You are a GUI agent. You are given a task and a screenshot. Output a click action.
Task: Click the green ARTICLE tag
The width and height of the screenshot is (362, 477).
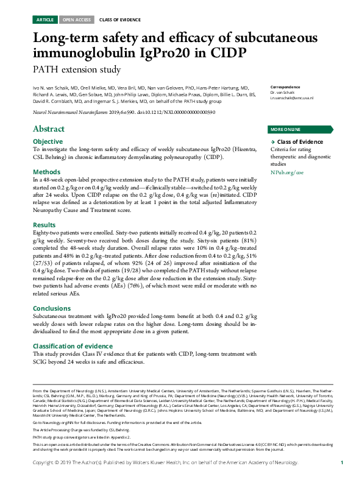45,19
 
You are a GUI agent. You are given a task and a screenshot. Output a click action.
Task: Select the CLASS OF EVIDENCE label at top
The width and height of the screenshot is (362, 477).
117,19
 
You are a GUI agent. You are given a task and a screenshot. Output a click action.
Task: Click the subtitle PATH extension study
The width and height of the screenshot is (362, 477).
77,69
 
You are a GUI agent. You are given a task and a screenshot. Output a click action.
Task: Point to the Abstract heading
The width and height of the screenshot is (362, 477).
49,129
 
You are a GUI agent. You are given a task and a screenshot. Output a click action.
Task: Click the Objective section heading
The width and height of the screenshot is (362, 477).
48,141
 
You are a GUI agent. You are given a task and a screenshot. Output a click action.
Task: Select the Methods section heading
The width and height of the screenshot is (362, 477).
46,172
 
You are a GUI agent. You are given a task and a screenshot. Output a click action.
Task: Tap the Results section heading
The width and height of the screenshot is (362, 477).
45,225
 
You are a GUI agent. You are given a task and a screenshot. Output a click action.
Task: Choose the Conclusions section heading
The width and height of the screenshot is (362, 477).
52,308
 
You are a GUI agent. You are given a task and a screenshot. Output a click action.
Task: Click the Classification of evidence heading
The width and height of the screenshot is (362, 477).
74,346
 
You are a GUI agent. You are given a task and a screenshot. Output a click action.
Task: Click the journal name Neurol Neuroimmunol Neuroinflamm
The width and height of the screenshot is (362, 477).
71,113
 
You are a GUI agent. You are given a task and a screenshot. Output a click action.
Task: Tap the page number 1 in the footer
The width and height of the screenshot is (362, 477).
342,464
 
